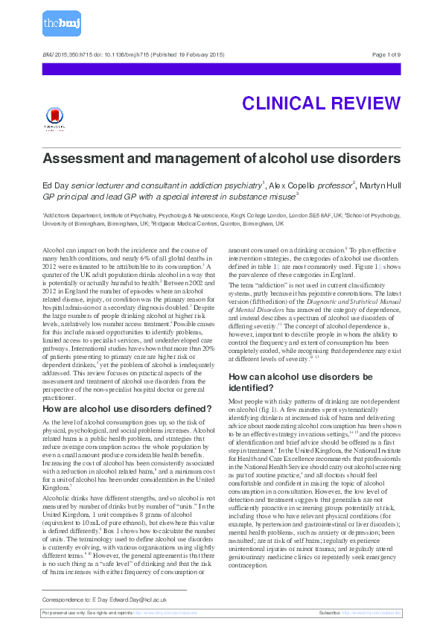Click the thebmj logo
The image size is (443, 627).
[61, 24]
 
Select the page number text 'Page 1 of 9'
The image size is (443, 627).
[386, 55]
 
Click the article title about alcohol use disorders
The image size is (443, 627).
[221, 159]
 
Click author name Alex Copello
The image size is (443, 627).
[296, 184]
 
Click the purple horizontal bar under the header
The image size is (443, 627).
[221, 69]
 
